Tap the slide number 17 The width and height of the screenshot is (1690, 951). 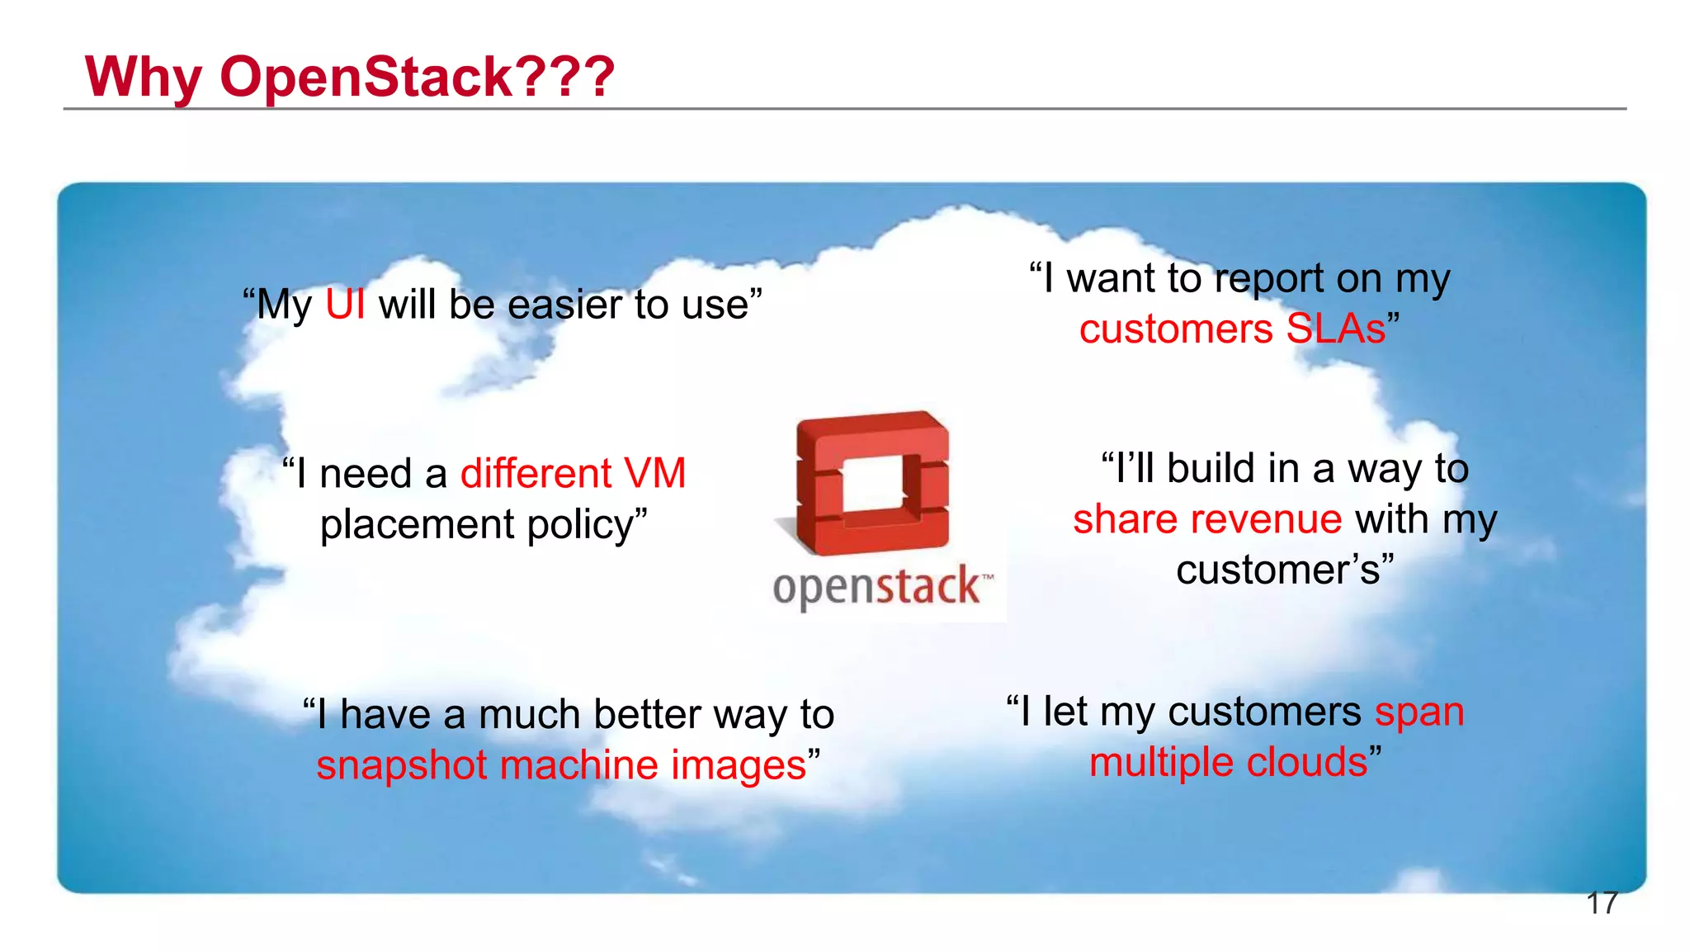pyautogui.click(x=1601, y=904)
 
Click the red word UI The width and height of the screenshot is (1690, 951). pyautogui.click(x=345, y=305)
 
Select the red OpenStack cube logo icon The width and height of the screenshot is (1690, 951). pyautogui.click(x=872, y=483)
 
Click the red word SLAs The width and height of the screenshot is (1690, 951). pyautogui.click(x=1336, y=329)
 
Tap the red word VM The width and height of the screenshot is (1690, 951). pyautogui.click(x=654, y=474)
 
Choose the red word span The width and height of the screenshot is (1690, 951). pyautogui.click(x=1419, y=712)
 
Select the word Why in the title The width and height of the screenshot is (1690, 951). pyautogui.click(x=144, y=77)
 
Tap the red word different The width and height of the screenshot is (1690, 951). pyautogui.click(x=536, y=474)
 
